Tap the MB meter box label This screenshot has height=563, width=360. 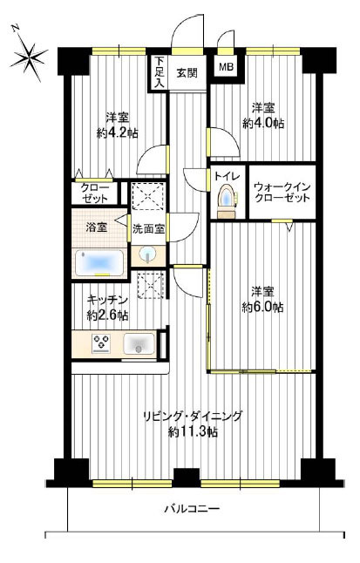tap(227, 67)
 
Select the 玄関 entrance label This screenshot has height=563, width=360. tap(187, 73)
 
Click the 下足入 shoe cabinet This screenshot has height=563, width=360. tap(160, 72)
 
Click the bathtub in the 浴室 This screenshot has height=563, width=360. tap(100, 263)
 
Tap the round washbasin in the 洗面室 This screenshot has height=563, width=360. tap(147, 255)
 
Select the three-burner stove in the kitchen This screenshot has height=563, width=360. tap(101, 343)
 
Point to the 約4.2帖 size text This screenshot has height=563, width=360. tap(117, 133)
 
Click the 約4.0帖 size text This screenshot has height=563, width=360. tap(263, 124)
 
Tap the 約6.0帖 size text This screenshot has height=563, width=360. tap(262, 307)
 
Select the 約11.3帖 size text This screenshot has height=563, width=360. tap(193, 432)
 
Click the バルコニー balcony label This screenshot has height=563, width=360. tap(193, 509)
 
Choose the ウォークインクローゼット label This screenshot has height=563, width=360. tap(282, 192)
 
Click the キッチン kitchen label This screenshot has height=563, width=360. tap(108, 299)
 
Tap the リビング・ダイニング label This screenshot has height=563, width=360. tap(193, 417)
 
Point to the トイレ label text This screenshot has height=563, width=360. tap(227, 176)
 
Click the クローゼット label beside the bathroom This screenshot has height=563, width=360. tap(94, 193)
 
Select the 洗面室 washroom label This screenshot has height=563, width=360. tap(148, 229)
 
